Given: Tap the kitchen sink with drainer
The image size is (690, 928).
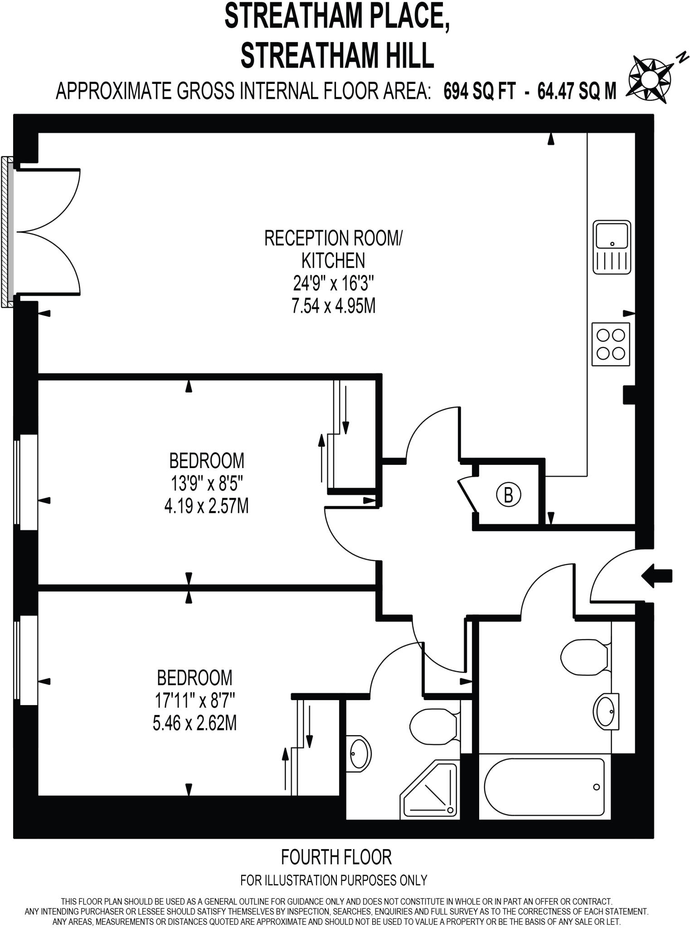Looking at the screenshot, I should click(x=612, y=247).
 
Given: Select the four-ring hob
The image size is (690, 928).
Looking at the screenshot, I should click(x=611, y=344).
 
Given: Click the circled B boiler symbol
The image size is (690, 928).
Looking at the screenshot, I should click(x=508, y=495).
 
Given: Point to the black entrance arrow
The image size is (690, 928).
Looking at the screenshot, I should click(x=657, y=576).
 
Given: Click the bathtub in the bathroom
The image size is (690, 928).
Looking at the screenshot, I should click(x=544, y=787).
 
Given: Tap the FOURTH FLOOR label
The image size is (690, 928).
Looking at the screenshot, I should click(x=336, y=857).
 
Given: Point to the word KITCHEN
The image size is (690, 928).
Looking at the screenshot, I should click(x=333, y=261).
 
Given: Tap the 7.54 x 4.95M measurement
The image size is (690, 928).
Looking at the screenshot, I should click(x=333, y=307).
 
